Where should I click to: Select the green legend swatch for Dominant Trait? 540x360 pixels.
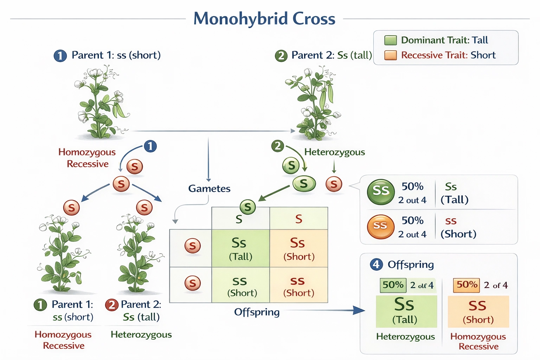click(390, 40)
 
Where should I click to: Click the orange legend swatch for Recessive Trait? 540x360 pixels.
click(390, 55)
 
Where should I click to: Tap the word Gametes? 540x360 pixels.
click(209, 188)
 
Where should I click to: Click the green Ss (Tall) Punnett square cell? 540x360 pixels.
click(240, 248)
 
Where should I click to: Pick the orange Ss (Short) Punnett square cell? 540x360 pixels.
click(298, 248)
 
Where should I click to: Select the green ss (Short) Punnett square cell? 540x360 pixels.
click(240, 285)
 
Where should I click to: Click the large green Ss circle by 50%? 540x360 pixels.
click(381, 192)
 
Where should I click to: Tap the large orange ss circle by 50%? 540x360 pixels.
click(380, 226)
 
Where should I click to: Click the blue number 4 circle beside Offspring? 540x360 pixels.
click(376, 264)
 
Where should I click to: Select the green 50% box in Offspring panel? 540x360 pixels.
click(393, 285)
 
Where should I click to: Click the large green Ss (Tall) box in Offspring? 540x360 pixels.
click(406, 311)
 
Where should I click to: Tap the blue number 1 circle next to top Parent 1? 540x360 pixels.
click(60, 56)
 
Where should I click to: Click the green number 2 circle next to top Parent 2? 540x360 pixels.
click(281, 56)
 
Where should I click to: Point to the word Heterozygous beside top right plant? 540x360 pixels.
click(334, 152)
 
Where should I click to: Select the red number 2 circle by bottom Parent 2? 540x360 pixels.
click(111, 304)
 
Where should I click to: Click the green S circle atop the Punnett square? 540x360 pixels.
click(247, 207)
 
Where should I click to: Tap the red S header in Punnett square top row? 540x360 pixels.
click(298, 219)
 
